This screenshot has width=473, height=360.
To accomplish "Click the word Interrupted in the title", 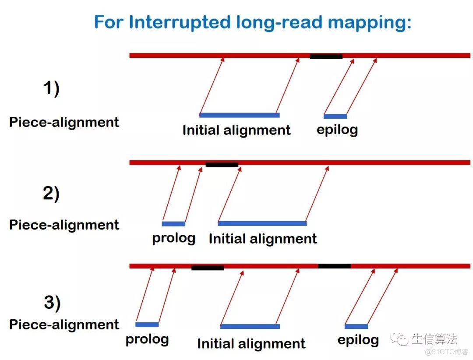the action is (x=180, y=23).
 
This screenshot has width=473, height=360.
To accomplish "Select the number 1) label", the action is (x=51, y=89).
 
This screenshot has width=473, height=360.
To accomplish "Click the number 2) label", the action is (x=51, y=194).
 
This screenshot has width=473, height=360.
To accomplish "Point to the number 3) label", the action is (x=52, y=303).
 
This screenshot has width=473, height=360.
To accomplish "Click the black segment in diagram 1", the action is (x=326, y=56).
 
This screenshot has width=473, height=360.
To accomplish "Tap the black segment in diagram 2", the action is (x=222, y=165).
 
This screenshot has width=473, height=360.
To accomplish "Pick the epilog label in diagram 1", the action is (x=337, y=130).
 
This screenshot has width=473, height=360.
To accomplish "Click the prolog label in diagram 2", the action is (x=174, y=238).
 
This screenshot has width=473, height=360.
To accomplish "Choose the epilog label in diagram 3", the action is (x=358, y=340).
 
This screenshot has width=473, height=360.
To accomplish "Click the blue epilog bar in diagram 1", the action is (x=335, y=116).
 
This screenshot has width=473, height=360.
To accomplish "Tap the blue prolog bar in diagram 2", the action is (x=173, y=224).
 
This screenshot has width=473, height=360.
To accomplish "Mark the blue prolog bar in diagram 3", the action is (x=147, y=325).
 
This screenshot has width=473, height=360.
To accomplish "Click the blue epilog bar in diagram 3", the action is (x=356, y=327).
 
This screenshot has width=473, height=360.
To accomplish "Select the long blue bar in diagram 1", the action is (x=240, y=115).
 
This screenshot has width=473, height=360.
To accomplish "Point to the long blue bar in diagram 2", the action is (x=262, y=224).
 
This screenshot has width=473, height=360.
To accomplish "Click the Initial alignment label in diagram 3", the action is (x=251, y=344).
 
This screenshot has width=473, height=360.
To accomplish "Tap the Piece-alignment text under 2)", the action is (x=64, y=225).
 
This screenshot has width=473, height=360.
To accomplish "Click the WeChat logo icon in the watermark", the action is (x=399, y=339).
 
